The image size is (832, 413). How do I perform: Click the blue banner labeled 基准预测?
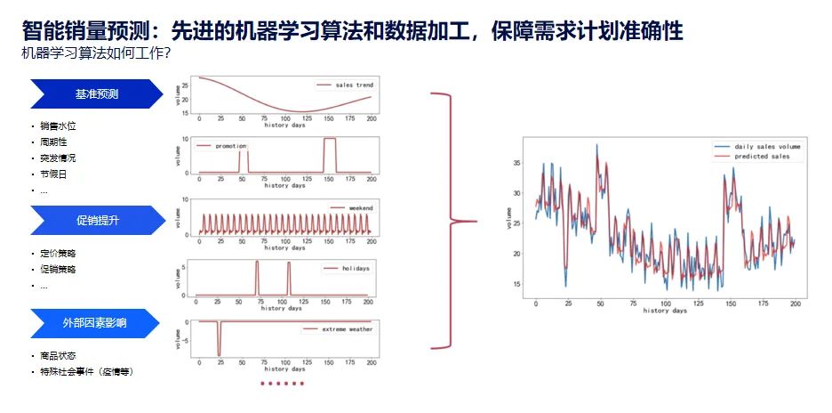97,93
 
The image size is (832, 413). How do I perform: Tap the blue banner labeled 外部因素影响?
97,322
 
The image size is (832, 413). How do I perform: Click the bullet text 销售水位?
58,126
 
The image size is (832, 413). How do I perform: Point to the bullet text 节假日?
53,174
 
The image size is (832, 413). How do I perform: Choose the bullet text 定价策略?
58,253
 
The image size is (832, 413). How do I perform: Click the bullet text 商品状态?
58,355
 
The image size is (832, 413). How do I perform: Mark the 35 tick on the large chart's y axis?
516,163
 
